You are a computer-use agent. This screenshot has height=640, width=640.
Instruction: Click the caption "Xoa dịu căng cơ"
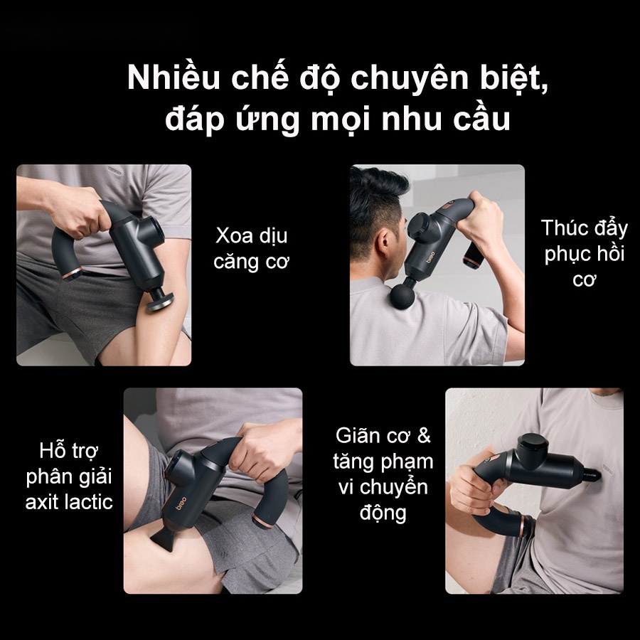point(251,248)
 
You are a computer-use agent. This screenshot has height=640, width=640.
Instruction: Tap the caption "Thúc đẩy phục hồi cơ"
point(584,253)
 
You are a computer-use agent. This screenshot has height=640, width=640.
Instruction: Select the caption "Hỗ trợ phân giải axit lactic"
point(69,476)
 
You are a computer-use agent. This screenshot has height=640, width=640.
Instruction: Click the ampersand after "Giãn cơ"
point(424,435)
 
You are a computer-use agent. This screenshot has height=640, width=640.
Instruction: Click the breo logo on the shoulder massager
point(431,257)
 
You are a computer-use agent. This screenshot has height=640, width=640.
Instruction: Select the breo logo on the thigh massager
point(180,503)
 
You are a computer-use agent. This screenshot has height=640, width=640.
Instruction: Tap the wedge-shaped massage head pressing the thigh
point(162,539)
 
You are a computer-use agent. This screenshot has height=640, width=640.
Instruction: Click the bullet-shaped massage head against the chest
point(592,474)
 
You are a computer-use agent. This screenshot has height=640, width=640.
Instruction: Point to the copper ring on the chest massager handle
point(522,526)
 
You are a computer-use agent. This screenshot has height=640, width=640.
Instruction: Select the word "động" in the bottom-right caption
point(383,513)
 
